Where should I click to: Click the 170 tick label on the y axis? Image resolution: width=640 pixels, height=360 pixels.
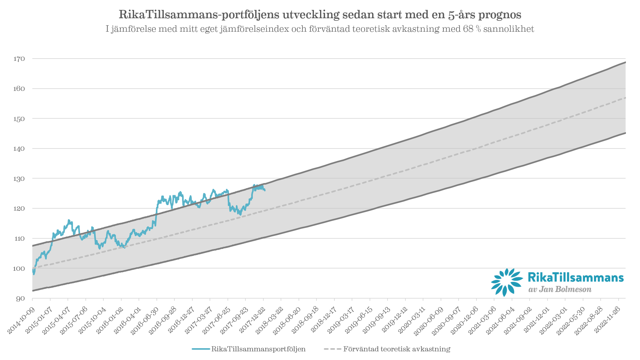point(19,59)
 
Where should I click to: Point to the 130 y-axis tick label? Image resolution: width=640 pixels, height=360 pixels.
point(19,179)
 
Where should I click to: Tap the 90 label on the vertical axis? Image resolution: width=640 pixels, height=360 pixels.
point(20,299)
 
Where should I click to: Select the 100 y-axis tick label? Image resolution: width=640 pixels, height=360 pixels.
point(19,268)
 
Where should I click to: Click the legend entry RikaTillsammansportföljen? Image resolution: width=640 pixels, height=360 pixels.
point(258,349)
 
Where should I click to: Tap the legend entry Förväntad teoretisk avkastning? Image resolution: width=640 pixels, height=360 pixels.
point(397,349)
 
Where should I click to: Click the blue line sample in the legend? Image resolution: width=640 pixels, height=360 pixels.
point(201,349)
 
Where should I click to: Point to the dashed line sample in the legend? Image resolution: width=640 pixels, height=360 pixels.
point(332,349)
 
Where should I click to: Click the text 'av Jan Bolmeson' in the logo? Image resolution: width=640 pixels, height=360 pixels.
point(560,290)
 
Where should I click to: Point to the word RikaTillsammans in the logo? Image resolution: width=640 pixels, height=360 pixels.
point(575,277)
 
